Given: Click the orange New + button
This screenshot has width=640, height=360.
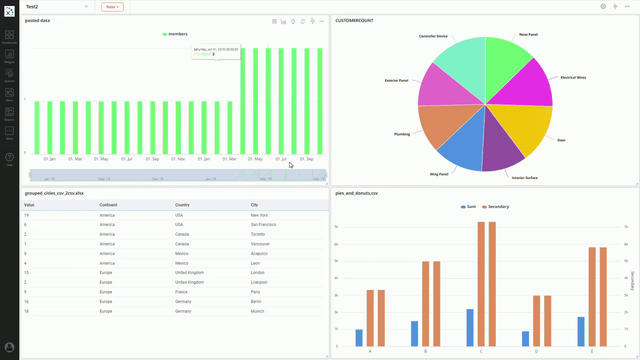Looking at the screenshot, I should click(x=112, y=7).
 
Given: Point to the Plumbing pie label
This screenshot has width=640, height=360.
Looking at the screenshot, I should click(x=402, y=134).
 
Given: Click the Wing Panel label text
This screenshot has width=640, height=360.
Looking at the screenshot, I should click(x=439, y=174).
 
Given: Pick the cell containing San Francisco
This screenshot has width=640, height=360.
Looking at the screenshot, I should click(x=263, y=224).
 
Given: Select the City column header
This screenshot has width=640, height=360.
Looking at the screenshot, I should click(x=254, y=205).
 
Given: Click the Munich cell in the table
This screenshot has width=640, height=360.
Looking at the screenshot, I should click(x=257, y=311).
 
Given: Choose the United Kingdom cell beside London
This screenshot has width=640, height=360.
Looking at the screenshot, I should click(x=189, y=272).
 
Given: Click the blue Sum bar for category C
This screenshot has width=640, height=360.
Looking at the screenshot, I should click(x=470, y=328).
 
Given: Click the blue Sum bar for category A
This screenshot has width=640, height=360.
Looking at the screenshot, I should click(x=359, y=337).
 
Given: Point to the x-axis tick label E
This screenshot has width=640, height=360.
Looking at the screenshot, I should click(x=592, y=351).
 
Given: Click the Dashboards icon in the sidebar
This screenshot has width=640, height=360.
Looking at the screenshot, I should click(x=9, y=36).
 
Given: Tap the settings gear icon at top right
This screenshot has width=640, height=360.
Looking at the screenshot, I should click(x=603, y=6).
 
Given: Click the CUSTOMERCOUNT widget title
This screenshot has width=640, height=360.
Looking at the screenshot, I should click(x=354, y=20).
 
